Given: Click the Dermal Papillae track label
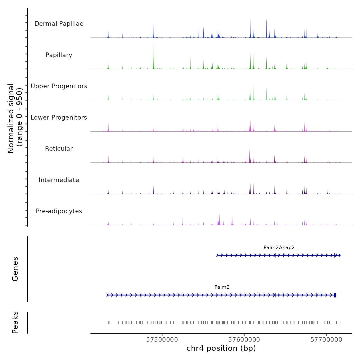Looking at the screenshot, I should coord(59,24).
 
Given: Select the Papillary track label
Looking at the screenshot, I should coord(59,55).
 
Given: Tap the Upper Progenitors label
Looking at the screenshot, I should coord(59,86).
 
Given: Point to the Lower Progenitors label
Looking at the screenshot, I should coord(59,118).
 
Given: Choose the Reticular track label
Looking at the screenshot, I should coord(59,149).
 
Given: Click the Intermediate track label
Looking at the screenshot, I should coord(59,180).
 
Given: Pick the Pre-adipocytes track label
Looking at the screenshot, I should coord(59,211).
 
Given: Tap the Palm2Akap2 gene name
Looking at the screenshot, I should coord(279,247).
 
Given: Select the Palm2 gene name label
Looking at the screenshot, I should coord(222,287).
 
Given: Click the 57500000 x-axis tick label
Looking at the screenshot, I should coord(162,340).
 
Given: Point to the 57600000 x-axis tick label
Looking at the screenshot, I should coord(244,340).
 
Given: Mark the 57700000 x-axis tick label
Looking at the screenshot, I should coord(326,340).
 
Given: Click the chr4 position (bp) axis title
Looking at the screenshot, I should coord(221,348).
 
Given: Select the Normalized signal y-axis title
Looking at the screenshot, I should coord(15,118).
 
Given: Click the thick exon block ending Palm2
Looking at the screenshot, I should coord(335,295).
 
